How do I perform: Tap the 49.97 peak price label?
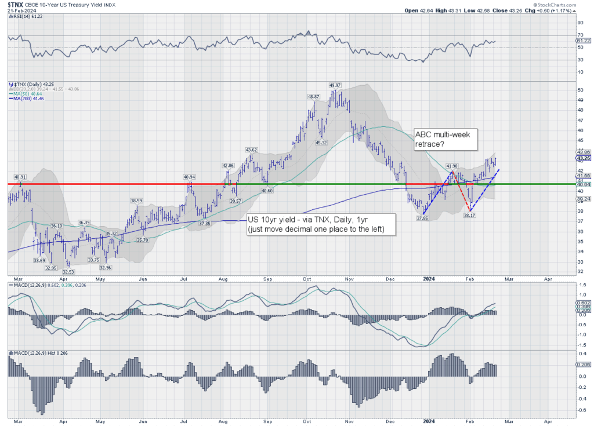tap(335, 85)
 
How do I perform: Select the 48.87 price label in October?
tap(314, 96)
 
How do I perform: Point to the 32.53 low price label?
tap(68, 272)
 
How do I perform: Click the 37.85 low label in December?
tap(421, 218)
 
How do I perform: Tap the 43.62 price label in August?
tap(251, 150)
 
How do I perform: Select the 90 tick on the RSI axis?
tap(579, 23)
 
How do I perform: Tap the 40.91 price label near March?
tap(21, 177)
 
